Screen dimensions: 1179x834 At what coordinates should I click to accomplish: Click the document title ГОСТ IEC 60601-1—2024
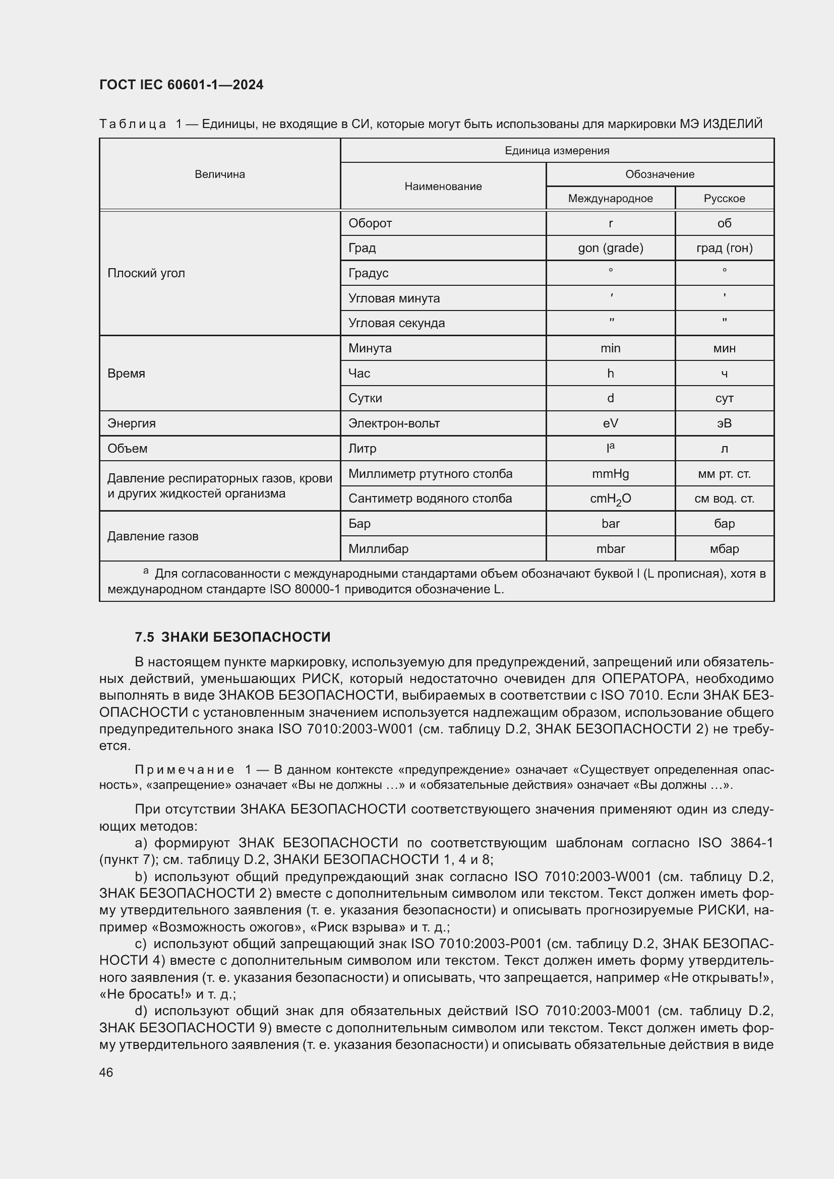point(182,85)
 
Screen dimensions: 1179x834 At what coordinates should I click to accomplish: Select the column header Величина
point(220,174)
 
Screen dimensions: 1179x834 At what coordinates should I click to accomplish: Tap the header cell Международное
point(610,198)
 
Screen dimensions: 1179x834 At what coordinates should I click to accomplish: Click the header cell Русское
point(724,198)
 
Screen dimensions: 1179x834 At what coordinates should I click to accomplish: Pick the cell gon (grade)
point(610,248)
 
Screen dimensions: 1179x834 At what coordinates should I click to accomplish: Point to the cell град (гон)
point(724,248)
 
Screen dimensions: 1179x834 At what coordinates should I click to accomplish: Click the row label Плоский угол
point(146,273)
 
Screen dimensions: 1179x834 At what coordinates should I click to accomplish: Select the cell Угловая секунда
point(396,323)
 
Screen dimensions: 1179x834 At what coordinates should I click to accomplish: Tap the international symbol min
point(610,348)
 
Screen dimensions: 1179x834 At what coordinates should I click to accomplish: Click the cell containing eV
point(610,423)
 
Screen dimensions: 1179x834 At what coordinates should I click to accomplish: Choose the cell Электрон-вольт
point(394,423)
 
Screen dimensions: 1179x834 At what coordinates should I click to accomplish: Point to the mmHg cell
point(610,473)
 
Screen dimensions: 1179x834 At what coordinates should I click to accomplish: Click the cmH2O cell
point(610,499)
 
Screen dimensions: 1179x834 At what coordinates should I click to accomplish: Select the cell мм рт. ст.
point(724,473)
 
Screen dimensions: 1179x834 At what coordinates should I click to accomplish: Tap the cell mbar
point(610,548)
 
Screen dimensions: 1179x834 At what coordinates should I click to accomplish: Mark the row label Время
point(127,374)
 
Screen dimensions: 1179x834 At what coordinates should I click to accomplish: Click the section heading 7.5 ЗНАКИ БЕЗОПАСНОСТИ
point(232,637)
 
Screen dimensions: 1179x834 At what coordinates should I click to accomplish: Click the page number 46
point(106,1072)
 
